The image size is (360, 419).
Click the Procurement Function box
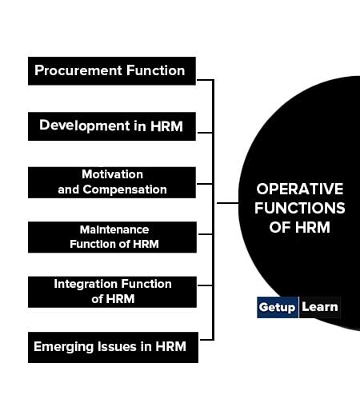click(x=112, y=71)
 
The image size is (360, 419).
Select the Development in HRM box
click(x=112, y=126)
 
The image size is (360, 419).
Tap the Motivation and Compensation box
click(x=112, y=182)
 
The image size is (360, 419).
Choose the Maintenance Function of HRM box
click(x=112, y=237)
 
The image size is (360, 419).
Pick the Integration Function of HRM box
click(x=112, y=292)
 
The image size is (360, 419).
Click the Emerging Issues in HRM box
click(x=113, y=347)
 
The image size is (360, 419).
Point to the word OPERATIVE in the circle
click(x=300, y=189)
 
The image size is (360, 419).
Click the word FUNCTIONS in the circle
click(x=300, y=208)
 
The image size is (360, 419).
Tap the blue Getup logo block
click(x=278, y=307)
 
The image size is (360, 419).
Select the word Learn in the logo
click(x=320, y=307)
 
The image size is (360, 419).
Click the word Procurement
click(x=78, y=71)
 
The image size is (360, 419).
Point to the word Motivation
click(x=112, y=174)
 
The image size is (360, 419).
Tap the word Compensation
click(x=125, y=190)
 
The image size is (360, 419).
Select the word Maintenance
click(x=114, y=229)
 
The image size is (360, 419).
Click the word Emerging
click(x=64, y=347)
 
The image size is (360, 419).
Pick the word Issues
click(x=117, y=346)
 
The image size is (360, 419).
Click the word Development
click(x=85, y=126)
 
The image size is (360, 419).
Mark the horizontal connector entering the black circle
click(x=228, y=203)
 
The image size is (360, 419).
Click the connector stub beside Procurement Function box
click(x=206, y=80)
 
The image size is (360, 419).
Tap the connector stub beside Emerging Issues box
click(x=207, y=340)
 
